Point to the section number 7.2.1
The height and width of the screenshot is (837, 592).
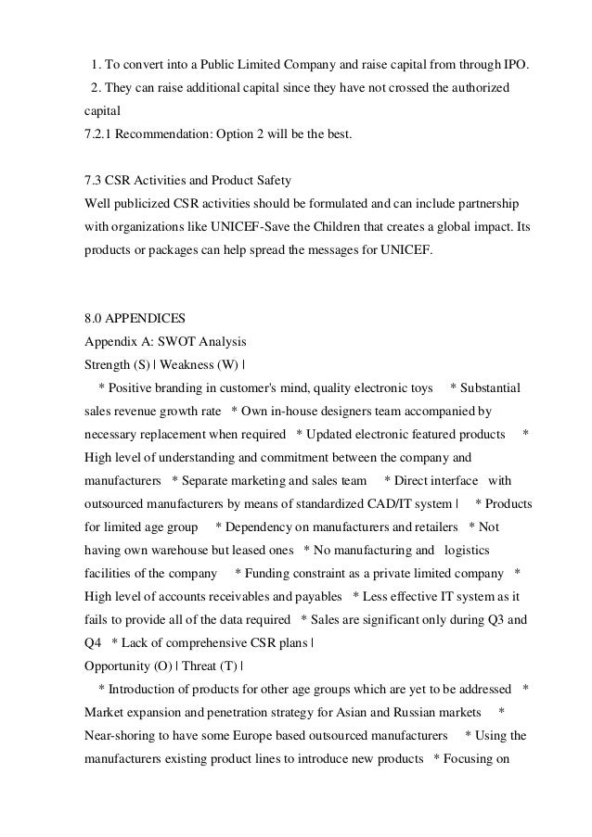[x=100, y=135]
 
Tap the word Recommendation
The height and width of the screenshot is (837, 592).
[x=165, y=135]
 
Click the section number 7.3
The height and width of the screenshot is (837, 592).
[x=94, y=178]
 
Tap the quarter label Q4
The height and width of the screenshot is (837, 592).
[x=93, y=642]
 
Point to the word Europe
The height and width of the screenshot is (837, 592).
[x=268, y=737]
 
